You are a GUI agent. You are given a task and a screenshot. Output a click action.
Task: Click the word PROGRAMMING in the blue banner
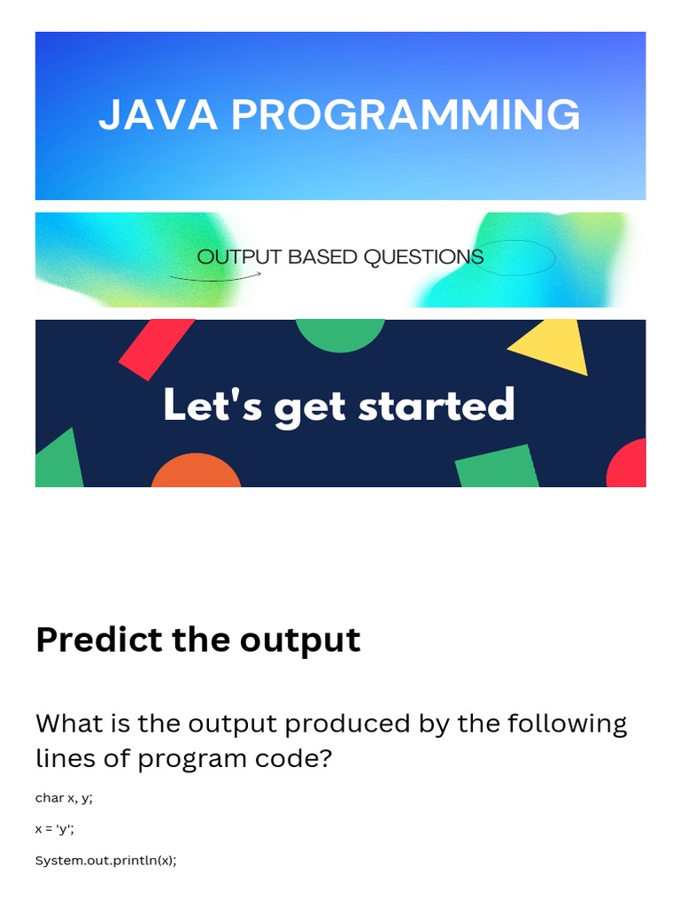pos(406,115)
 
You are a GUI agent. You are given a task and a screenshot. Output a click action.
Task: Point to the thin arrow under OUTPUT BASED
pos(215,276)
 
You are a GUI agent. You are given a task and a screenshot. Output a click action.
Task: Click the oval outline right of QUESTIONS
pos(514,258)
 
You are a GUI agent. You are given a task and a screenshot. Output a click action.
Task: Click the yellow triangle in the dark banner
pos(553,347)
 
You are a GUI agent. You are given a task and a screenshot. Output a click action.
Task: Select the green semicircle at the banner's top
pos(340,333)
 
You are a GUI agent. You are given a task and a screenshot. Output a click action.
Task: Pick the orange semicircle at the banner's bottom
pos(196,472)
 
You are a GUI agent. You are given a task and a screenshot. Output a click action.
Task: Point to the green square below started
pos(498,467)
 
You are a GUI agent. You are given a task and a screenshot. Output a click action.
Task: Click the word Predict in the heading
pos(99,640)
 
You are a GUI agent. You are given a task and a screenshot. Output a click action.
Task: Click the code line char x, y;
pos(64,798)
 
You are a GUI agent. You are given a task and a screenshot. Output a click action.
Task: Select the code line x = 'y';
pos(55,829)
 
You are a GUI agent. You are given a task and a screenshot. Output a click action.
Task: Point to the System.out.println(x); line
pos(105,860)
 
